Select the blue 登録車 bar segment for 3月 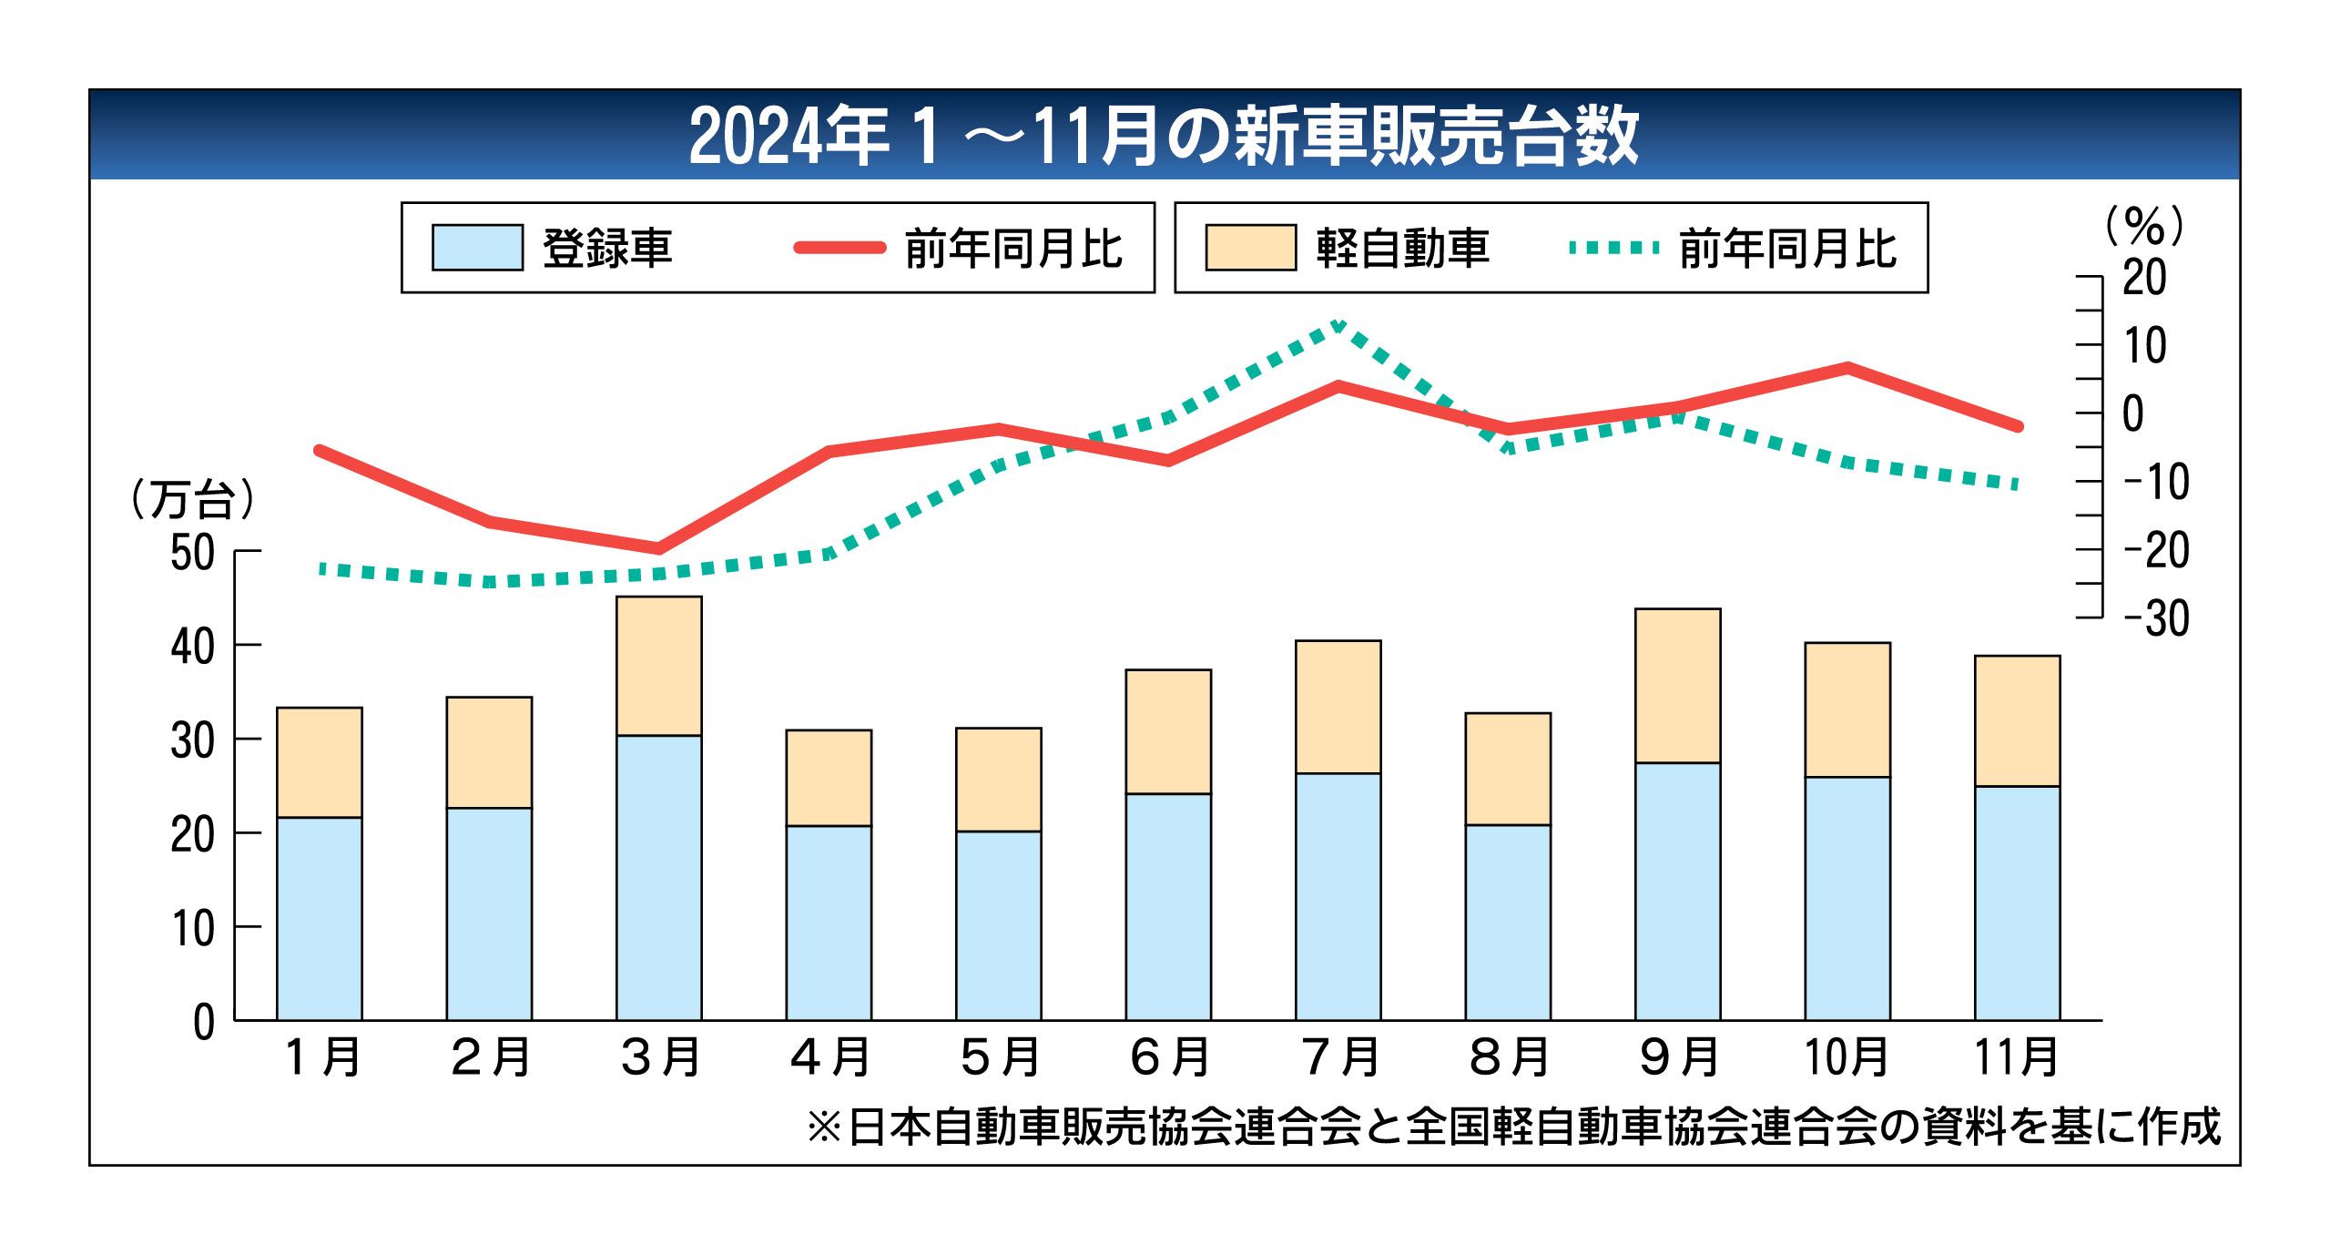point(658,877)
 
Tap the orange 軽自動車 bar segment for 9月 point(1677,686)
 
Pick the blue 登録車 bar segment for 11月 point(2017,903)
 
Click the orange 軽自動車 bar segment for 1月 point(319,762)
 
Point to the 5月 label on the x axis point(999,1056)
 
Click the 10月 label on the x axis point(1847,1056)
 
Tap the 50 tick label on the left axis point(192,553)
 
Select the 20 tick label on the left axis point(192,834)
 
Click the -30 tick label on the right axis point(2155,619)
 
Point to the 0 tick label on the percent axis point(2133,414)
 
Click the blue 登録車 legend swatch point(477,248)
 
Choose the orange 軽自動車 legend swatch point(1250,248)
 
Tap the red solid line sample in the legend point(839,248)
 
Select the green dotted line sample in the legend point(1614,248)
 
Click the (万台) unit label point(192,499)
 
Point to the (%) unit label point(2143,226)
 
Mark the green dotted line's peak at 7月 point(1338,324)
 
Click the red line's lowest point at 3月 point(658,548)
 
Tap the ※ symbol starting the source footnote point(824,1127)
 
